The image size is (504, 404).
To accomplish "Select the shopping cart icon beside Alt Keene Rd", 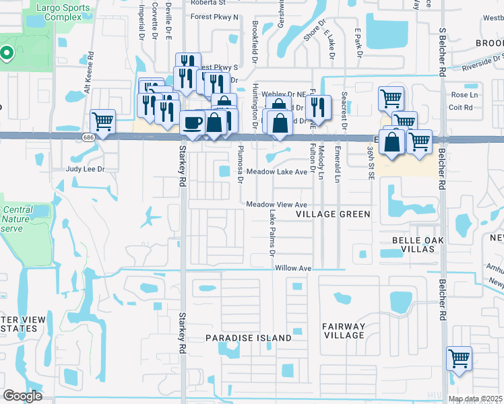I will (102, 123).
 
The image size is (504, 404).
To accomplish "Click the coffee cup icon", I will (193, 124).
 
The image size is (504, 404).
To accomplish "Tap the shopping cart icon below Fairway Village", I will (459, 358).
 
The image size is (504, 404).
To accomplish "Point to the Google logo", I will (23, 396).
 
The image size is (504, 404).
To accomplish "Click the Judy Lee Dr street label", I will (86, 169).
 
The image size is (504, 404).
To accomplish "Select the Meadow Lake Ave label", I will (277, 172).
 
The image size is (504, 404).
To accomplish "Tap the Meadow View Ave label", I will (276, 204).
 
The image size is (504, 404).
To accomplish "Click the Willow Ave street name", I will (293, 268).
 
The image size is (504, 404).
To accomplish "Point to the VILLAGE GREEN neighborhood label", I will (334, 214).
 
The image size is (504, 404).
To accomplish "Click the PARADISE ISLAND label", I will (249, 337).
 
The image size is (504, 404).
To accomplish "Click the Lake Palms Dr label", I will (273, 233).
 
